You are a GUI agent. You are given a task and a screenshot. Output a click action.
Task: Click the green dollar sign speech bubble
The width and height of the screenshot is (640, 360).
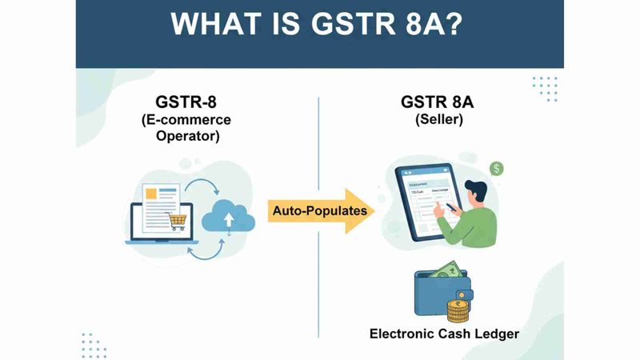(x=498, y=169)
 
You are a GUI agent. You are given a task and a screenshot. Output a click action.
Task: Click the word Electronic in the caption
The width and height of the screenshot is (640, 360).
(x=398, y=333)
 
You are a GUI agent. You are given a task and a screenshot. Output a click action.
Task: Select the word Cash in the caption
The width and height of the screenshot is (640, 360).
(x=454, y=333)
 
